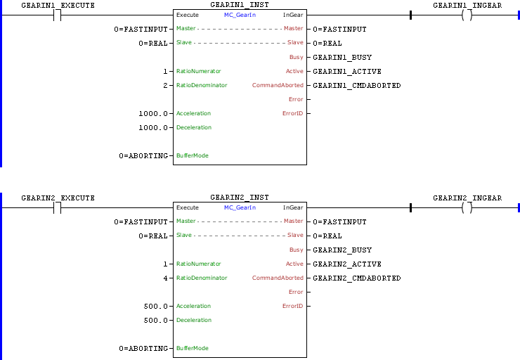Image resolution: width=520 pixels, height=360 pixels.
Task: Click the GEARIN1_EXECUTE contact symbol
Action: [58, 15]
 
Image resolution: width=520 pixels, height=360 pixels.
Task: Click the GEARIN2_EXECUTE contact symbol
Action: [58, 207]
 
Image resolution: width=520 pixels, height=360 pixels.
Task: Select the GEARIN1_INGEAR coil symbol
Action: [467, 15]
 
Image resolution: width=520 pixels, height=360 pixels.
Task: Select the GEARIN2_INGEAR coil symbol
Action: [467, 207]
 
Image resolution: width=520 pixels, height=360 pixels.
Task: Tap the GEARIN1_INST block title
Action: [239, 5]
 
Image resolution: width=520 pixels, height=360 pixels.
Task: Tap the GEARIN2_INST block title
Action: [239, 198]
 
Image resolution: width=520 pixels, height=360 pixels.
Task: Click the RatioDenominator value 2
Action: [165, 85]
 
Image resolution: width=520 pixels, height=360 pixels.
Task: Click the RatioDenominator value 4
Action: [165, 278]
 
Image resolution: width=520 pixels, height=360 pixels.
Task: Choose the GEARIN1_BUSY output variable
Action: [342, 57]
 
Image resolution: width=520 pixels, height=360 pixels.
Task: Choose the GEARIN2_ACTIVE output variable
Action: [346, 264]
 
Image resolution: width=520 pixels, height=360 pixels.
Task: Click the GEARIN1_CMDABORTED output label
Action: [356, 85]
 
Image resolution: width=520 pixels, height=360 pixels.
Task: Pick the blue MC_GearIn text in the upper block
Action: [240, 15]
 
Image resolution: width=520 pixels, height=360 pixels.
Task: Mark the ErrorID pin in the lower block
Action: [292, 306]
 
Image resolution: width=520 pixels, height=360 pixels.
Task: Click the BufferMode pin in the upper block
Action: [192, 155]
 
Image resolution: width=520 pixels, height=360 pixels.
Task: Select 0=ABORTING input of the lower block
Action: [143, 348]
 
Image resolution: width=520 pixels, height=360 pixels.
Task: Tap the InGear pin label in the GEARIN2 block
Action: [293, 207]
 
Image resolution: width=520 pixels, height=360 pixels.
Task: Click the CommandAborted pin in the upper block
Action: [278, 85]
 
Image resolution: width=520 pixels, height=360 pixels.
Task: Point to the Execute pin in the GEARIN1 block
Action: [187, 15]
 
